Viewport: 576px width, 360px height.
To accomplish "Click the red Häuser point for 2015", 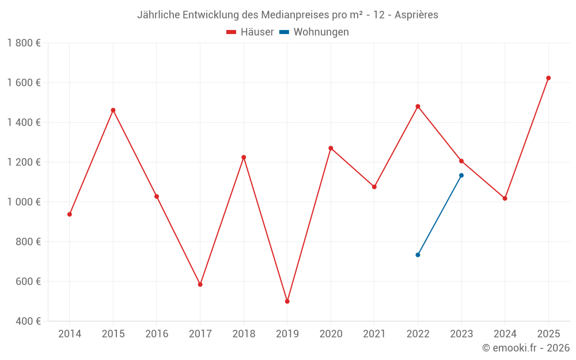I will pos(113,110).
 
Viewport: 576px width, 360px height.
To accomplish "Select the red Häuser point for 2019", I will pos(287,301).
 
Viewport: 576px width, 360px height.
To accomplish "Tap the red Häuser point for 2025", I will pos(548,78).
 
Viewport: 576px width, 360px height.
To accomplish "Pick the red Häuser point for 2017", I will pos(200,285).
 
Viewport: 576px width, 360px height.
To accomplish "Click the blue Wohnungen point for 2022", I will pos(418,255).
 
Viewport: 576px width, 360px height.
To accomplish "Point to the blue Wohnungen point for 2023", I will pos(461,175).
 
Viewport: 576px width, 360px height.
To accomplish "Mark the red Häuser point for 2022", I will pos(418,107).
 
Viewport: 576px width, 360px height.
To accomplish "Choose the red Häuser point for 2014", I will pos(70,214).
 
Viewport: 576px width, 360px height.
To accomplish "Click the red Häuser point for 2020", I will pos(331,148).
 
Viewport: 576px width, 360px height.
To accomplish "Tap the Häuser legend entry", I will pos(251,32).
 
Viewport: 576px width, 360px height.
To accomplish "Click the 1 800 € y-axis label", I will pos(24,43).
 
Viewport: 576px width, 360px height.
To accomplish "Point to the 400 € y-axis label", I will pos(28,321).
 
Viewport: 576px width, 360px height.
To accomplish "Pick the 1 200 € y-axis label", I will pos(24,162).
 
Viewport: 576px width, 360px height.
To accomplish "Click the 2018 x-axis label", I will pos(244,334).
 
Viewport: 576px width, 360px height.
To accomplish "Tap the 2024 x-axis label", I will pos(505,334).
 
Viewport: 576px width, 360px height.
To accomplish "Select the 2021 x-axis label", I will pos(374,334).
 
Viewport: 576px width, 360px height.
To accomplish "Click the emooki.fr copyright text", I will pos(525,348).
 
